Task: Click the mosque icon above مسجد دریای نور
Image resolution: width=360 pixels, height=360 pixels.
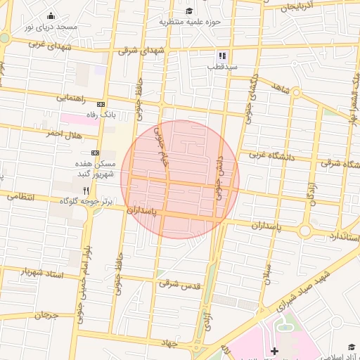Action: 51,16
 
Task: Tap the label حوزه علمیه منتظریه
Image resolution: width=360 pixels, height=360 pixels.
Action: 189,22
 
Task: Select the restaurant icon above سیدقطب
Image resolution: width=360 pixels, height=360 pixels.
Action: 222,56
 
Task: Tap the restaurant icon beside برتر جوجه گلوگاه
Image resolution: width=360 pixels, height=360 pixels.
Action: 86,191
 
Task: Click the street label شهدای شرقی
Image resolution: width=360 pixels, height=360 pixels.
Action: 141,50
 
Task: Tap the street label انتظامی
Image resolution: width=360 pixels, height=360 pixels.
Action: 20,197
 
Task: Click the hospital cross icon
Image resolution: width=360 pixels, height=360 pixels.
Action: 274,350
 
